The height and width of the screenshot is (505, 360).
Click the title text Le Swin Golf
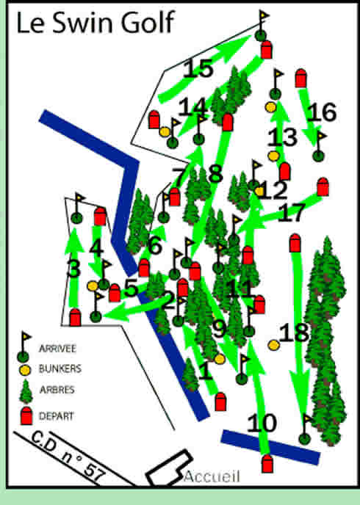pos(95,22)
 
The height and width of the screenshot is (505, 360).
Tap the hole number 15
pos(198,68)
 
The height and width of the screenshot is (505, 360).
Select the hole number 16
pos(321,112)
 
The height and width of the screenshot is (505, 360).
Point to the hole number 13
pos(282,137)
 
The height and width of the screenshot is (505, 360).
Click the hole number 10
pos(262,424)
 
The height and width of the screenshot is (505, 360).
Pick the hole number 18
pos(294,333)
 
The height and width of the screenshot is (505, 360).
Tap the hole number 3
pos(73,269)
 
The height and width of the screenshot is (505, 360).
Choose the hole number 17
pos(292,213)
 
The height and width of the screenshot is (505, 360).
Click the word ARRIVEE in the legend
pos(57,349)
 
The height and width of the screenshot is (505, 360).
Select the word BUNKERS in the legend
pos(60,368)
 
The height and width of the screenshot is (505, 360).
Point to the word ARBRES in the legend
pos(57,390)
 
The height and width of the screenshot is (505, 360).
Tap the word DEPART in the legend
pos(56,416)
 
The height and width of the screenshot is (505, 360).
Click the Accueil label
pos(212,476)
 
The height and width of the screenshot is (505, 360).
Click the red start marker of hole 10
pos(267,464)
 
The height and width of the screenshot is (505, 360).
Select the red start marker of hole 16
pos(300,79)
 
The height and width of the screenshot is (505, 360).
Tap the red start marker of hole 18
pos(295,243)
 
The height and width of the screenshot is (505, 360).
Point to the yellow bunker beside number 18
pos(273,345)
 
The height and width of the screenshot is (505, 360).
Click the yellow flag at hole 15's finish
pos(265,15)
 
